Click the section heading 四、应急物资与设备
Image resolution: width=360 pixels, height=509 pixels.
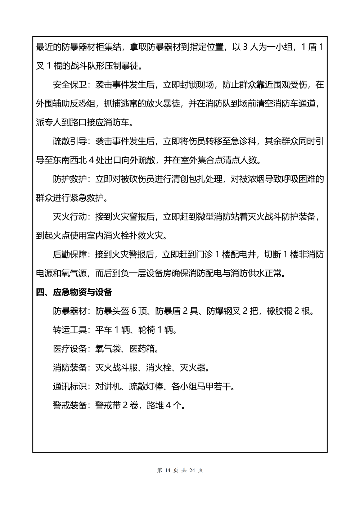(x=74, y=292)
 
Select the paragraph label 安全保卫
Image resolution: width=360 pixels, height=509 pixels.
(x=70, y=85)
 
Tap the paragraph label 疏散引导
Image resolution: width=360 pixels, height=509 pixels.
(x=70, y=141)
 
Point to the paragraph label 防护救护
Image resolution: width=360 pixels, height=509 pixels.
(x=70, y=179)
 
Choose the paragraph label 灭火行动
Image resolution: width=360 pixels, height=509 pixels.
(x=70, y=217)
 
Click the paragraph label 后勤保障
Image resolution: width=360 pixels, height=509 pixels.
(x=70, y=254)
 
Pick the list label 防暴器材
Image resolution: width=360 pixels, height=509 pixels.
(x=70, y=311)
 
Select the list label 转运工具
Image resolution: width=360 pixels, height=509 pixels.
(x=70, y=330)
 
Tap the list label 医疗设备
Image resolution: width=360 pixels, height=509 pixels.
(x=70, y=349)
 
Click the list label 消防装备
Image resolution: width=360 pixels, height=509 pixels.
(x=70, y=368)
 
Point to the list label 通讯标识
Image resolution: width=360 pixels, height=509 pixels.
(x=70, y=387)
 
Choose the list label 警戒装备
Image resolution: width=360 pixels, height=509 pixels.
(x=70, y=405)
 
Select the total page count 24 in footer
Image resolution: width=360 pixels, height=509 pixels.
(x=192, y=470)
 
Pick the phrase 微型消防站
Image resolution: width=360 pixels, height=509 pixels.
(x=235, y=217)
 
